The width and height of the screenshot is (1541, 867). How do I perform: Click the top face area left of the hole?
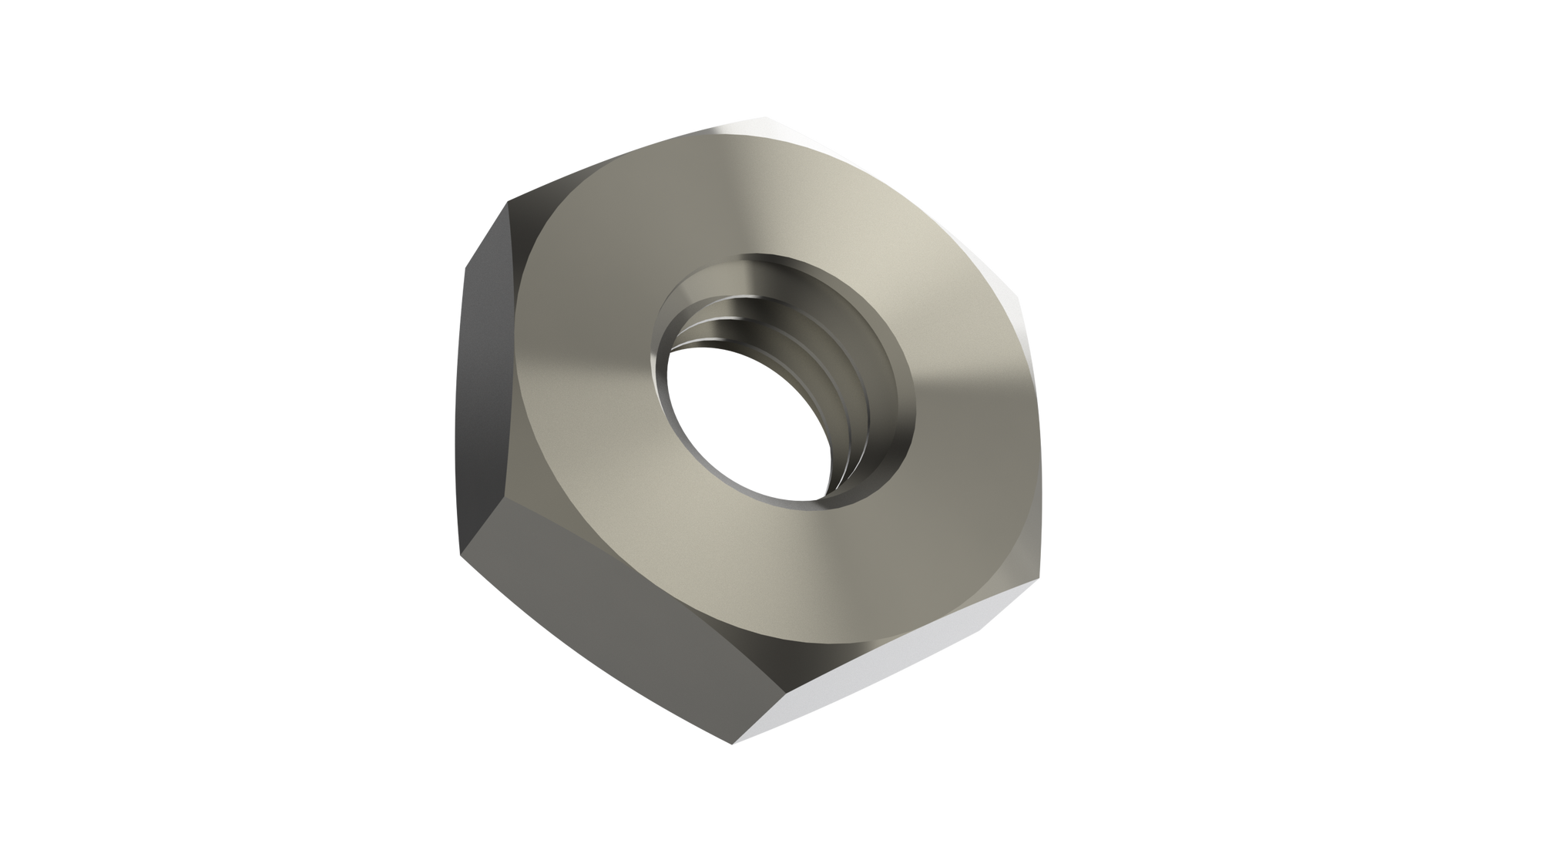pos(586,347)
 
